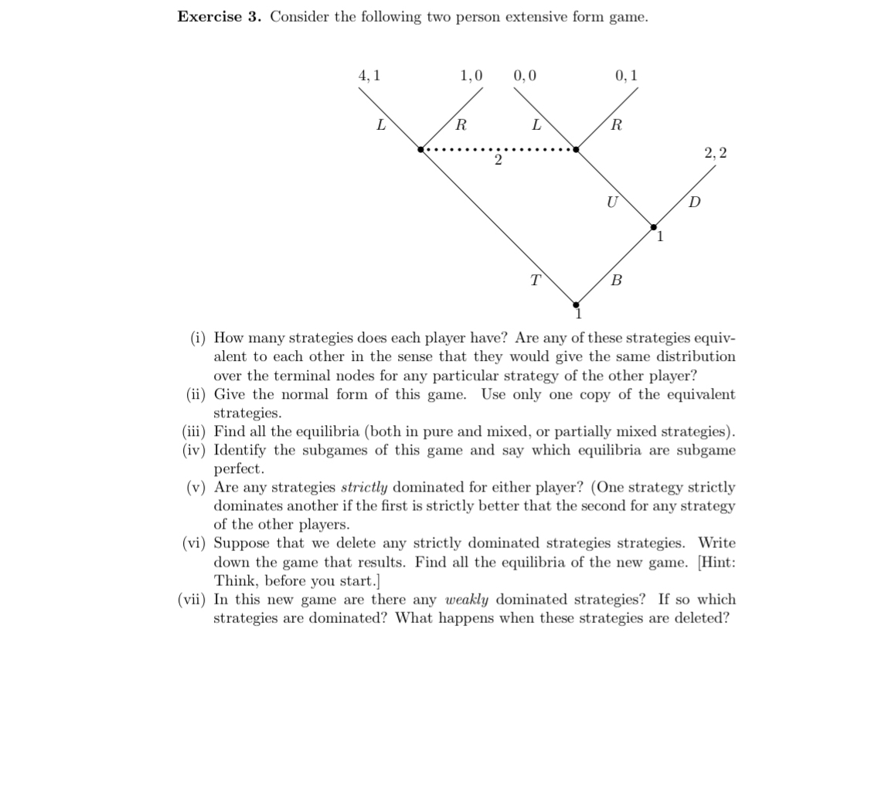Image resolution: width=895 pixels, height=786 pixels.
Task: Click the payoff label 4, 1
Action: [369, 76]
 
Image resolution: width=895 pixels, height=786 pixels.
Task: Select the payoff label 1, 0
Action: [471, 76]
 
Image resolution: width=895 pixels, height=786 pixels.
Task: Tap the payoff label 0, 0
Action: [525, 76]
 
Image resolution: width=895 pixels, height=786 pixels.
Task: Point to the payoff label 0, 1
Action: [626, 76]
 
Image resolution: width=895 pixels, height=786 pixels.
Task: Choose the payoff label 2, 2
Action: [716, 153]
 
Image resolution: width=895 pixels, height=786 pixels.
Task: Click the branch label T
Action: [535, 280]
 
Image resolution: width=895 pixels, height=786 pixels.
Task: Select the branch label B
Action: [616, 281]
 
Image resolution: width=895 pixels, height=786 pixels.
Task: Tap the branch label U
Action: [612, 202]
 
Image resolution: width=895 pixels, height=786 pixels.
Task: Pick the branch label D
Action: [694, 202]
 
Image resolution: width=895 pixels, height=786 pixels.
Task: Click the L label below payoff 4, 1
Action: [381, 124]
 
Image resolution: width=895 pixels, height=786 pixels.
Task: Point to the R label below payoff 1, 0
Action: [461, 124]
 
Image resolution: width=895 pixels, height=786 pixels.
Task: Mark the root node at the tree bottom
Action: [576, 305]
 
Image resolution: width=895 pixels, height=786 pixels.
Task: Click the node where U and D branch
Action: [654, 227]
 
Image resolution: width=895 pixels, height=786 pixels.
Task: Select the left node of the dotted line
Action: [420, 149]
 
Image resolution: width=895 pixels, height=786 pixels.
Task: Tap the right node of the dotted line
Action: [576, 149]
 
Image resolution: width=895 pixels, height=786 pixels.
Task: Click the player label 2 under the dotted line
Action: [498, 160]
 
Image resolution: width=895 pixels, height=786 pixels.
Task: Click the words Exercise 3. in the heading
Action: [219, 17]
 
